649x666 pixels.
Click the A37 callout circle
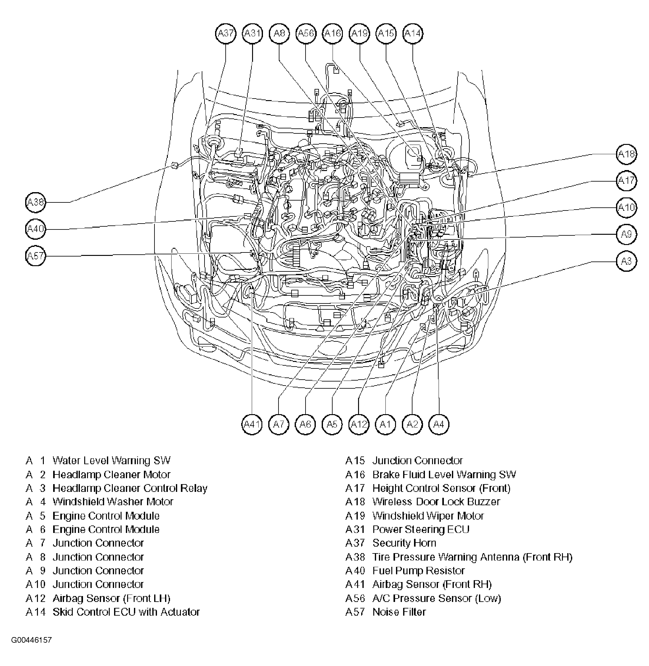(x=226, y=33)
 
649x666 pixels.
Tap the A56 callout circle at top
(x=306, y=33)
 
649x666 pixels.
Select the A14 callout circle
(x=413, y=33)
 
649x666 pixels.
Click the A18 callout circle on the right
(x=627, y=154)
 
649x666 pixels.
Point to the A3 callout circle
(x=627, y=261)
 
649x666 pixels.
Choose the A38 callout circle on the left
(x=35, y=202)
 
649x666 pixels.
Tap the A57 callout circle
(x=35, y=256)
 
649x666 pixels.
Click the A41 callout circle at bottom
(x=252, y=424)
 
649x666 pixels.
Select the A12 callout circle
(x=359, y=424)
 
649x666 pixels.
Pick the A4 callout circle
(x=439, y=424)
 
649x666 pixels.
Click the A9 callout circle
(x=627, y=234)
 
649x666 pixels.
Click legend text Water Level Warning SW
(x=112, y=461)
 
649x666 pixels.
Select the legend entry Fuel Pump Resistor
(x=419, y=571)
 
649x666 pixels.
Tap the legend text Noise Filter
(x=399, y=612)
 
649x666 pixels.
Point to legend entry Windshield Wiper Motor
(x=428, y=516)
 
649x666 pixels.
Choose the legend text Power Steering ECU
(x=421, y=529)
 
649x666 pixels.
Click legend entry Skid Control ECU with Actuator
(x=126, y=612)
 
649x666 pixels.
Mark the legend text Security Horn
(x=404, y=543)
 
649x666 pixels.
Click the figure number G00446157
(x=31, y=640)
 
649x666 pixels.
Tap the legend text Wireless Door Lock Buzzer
(x=436, y=502)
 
